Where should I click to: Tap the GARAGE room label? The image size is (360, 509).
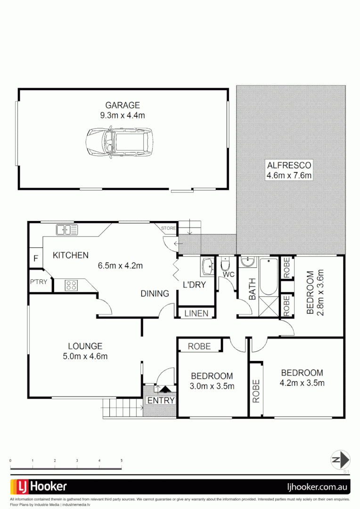(122, 105)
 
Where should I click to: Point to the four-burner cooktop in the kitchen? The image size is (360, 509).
(72, 285)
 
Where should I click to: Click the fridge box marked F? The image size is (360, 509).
(35, 258)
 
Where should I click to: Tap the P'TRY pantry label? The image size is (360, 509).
(38, 282)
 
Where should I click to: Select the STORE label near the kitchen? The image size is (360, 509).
(168, 229)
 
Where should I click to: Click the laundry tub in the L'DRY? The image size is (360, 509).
(207, 267)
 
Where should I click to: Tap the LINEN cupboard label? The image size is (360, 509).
(196, 313)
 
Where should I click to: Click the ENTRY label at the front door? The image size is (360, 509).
(161, 401)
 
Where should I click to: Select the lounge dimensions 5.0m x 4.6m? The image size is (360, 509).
(85, 356)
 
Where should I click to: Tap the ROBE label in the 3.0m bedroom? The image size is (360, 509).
(199, 346)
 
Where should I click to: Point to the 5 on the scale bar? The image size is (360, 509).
(122, 460)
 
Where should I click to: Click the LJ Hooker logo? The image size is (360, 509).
(39, 486)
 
